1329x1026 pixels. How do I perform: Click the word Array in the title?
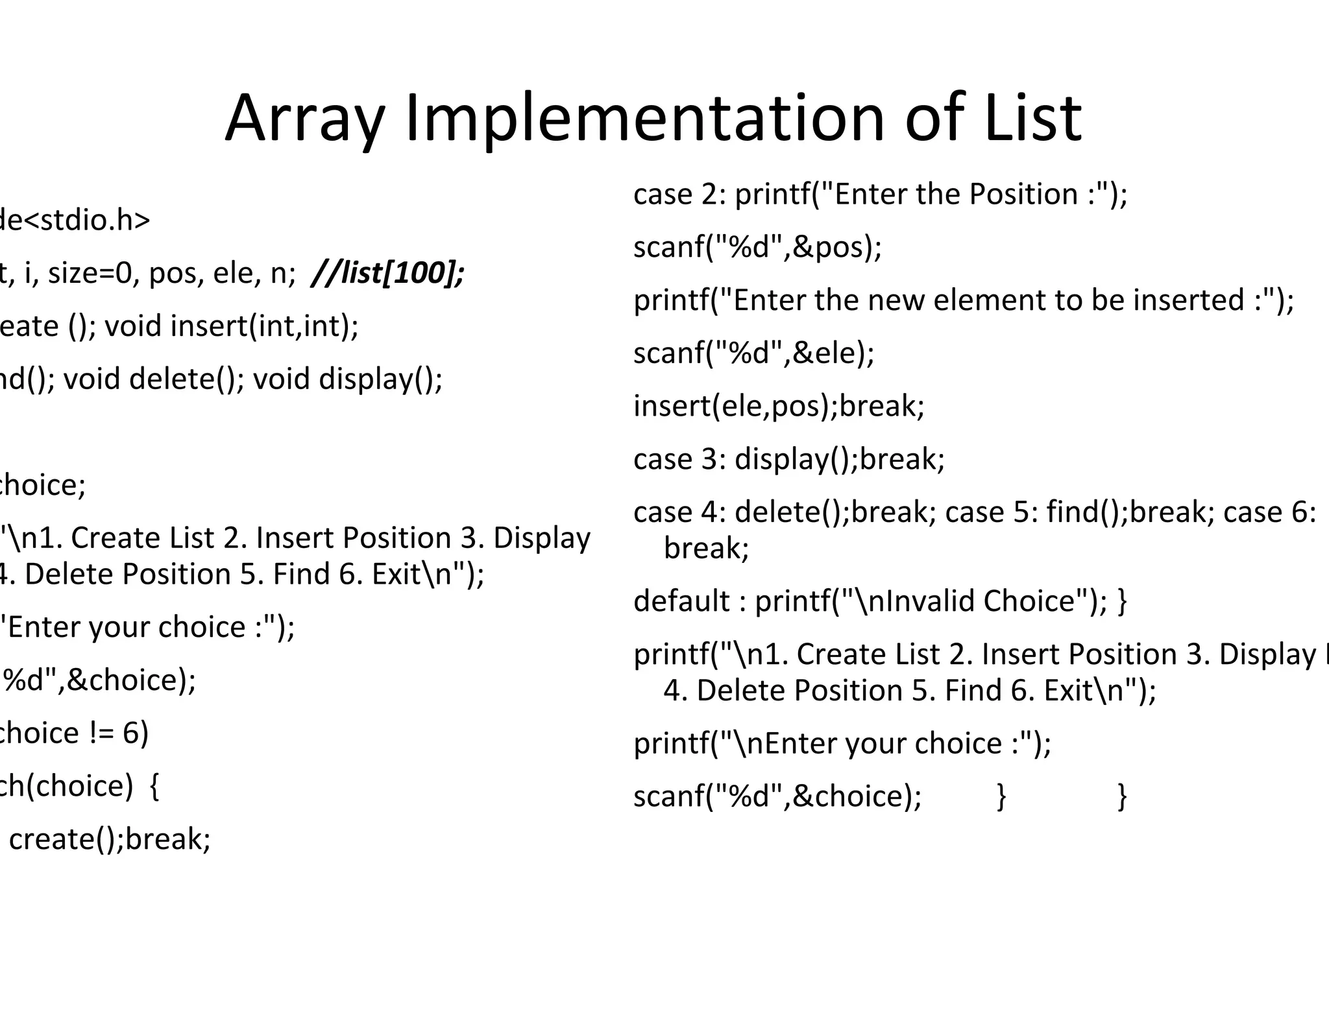pos(305,119)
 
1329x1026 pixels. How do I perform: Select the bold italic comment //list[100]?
pos(388,273)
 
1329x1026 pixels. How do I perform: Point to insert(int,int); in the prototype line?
pos(264,326)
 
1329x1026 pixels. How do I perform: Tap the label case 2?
pos(679,195)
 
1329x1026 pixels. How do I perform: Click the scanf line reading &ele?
pos(753,353)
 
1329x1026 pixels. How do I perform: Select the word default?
pos(681,601)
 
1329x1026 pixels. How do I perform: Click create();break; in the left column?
pos(110,839)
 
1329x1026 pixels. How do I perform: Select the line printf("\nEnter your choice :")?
pos(842,743)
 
